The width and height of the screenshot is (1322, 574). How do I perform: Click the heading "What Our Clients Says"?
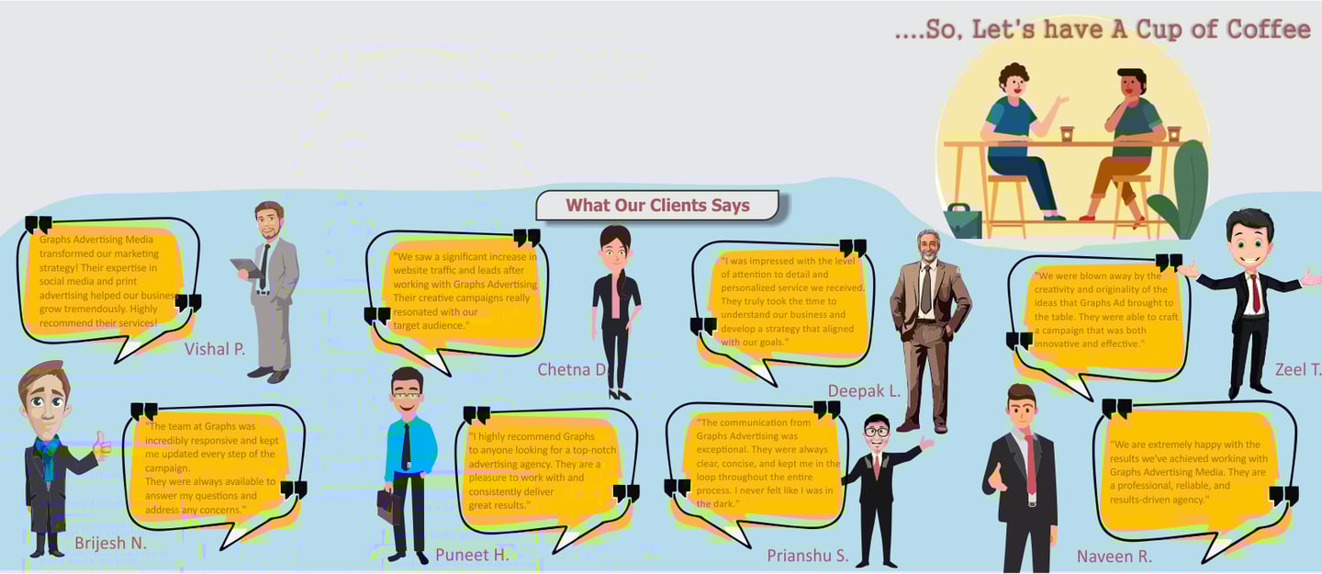[x=657, y=206]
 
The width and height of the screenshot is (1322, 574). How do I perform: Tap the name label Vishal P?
[x=215, y=348]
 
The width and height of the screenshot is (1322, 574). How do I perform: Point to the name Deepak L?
[x=864, y=391]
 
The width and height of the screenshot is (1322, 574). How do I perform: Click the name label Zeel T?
[x=1297, y=369]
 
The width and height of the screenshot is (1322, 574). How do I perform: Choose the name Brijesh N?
[x=110, y=543]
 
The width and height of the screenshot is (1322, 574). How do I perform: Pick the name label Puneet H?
[x=472, y=554]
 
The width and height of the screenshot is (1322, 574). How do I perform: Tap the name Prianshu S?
[x=808, y=555]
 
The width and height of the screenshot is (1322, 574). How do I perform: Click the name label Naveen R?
[x=1115, y=556]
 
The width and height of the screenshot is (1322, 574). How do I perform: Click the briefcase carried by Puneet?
[x=389, y=505]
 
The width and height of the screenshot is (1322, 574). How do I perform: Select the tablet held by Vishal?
[x=246, y=266]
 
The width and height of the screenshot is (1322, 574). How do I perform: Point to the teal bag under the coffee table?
[x=962, y=221]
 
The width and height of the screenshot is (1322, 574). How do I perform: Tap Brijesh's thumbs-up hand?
[x=102, y=446]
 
